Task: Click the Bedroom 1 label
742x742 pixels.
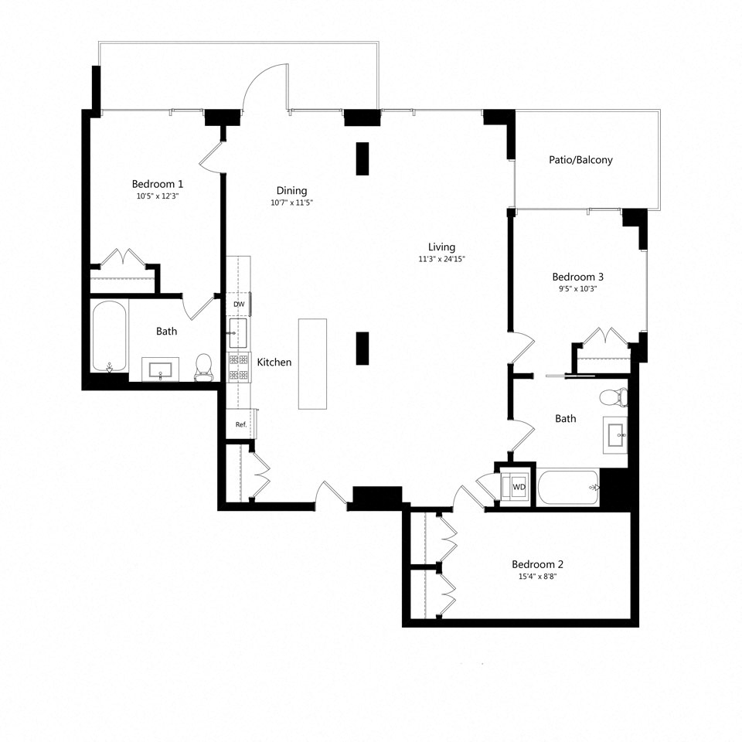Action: pos(158,184)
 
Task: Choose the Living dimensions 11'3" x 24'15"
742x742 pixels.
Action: pos(442,259)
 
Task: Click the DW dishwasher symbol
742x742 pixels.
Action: pos(238,305)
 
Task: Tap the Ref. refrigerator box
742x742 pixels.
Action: pos(240,424)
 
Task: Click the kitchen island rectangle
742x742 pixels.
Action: pos(312,363)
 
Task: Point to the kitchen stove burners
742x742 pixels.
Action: pos(238,366)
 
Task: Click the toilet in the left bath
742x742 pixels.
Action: pos(204,367)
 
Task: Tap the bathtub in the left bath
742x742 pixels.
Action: pos(109,336)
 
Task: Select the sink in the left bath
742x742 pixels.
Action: pos(160,369)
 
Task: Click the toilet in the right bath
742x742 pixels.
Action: pos(614,397)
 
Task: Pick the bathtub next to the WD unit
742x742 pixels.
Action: pos(568,488)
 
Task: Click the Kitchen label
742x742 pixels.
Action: pos(274,362)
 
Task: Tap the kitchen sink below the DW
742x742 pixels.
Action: pos(237,333)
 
